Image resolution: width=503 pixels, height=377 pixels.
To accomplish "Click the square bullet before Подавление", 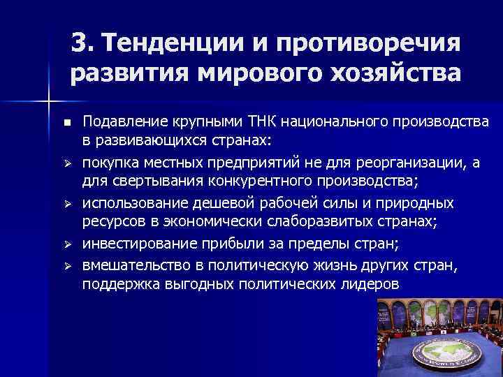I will click(67, 123).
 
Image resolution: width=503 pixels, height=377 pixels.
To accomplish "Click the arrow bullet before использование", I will click(67, 205).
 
